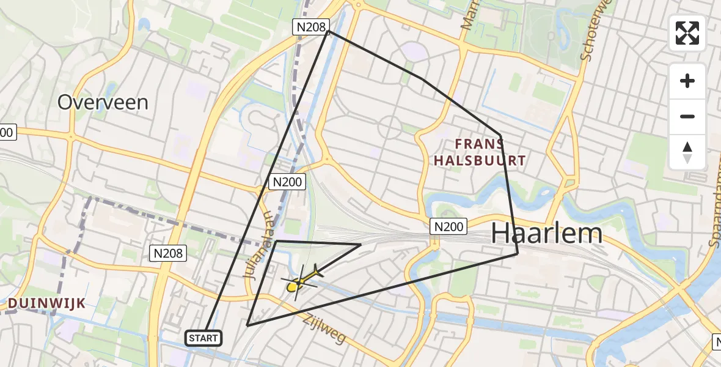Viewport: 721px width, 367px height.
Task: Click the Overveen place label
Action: (x=103, y=102)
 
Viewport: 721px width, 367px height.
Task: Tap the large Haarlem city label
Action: (x=547, y=233)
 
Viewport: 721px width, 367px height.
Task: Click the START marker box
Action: (x=203, y=338)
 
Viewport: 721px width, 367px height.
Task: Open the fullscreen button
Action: (x=687, y=33)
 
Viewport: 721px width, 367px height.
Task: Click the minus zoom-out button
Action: (x=687, y=117)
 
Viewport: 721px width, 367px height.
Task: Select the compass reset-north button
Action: (x=687, y=152)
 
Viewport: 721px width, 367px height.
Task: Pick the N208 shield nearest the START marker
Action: (x=169, y=253)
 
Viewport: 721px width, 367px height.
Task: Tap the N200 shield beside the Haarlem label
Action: (x=448, y=226)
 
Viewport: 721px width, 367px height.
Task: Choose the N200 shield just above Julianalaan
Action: (x=286, y=182)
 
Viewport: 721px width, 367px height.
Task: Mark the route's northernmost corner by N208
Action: (x=329, y=31)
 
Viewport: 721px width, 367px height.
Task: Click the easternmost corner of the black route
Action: (x=518, y=253)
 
